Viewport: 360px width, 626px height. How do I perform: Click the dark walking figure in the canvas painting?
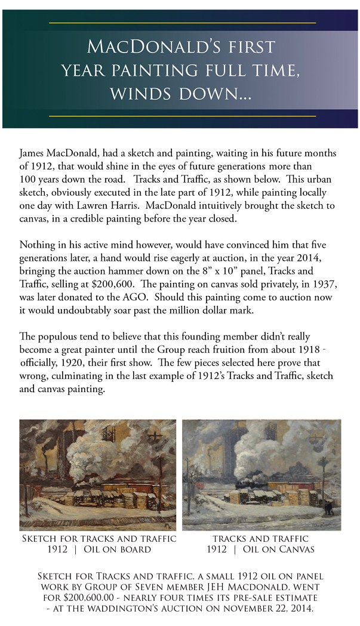tap(327, 508)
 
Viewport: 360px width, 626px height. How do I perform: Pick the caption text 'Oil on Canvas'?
tap(279, 548)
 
